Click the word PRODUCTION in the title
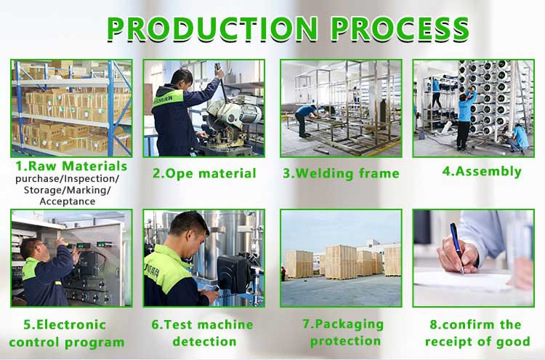[212, 28]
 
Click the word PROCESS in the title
[400, 28]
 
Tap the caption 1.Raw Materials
[71, 166]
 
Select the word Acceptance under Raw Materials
[68, 201]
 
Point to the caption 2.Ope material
[204, 173]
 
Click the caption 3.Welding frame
[341, 173]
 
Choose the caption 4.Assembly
[482, 171]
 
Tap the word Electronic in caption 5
[65, 324]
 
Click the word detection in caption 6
[204, 342]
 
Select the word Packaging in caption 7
[343, 324]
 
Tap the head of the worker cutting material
[182, 79]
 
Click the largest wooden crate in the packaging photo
[340, 263]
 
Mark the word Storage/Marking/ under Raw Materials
[68, 191]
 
